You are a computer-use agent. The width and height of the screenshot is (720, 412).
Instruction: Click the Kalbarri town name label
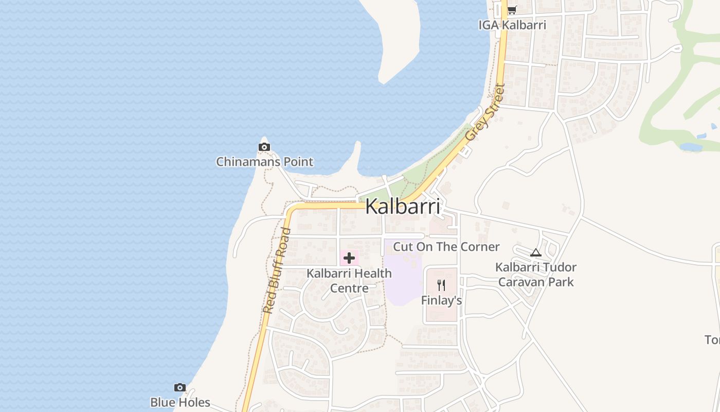(x=403, y=207)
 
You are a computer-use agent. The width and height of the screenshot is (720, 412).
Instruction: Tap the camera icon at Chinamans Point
(x=264, y=147)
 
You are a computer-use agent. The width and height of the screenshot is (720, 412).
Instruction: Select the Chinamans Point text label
(x=264, y=162)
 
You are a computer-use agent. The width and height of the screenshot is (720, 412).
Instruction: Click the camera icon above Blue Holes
(x=179, y=387)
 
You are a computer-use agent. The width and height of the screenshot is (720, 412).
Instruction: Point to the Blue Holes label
(x=180, y=402)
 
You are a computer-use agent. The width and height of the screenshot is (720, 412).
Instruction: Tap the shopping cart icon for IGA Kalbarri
(x=512, y=10)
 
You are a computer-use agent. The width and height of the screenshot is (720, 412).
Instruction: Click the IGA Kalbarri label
(x=512, y=25)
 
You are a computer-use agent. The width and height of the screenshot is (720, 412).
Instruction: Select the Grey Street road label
(x=485, y=112)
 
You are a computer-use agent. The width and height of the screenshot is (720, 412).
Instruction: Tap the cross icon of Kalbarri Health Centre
(x=349, y=258)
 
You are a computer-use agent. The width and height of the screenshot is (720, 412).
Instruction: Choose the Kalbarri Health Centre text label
(x=349, y=280)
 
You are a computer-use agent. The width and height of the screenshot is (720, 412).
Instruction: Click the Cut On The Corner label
(x=446, y=247)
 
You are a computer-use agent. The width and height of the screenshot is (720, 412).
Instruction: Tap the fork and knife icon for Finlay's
(x=441, y=285)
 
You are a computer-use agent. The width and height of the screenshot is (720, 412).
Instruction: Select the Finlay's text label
(x=441, y=300)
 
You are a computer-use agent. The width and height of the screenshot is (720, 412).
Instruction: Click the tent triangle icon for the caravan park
(x=536, y=252)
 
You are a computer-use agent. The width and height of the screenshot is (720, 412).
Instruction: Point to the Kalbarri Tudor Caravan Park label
(x=536, y=274)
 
